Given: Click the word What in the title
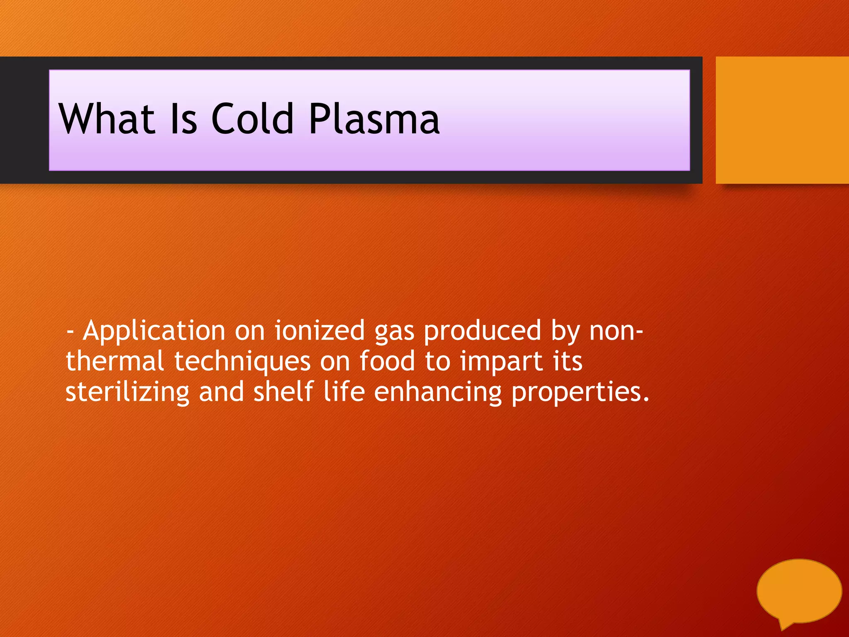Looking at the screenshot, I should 107,119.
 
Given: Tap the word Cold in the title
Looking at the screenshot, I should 253,119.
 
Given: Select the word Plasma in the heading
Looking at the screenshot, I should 374,119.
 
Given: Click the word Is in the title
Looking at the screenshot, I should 184,119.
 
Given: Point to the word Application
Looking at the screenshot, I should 154,331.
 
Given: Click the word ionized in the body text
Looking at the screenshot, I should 320,331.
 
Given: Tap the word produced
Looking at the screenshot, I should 483,331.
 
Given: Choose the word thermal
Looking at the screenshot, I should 115,361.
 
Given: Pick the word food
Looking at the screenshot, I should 387,361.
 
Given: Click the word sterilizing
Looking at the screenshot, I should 127,392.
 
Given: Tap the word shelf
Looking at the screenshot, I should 283,391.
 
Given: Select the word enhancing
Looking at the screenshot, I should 438,392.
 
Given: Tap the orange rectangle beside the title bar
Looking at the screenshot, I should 782,120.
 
